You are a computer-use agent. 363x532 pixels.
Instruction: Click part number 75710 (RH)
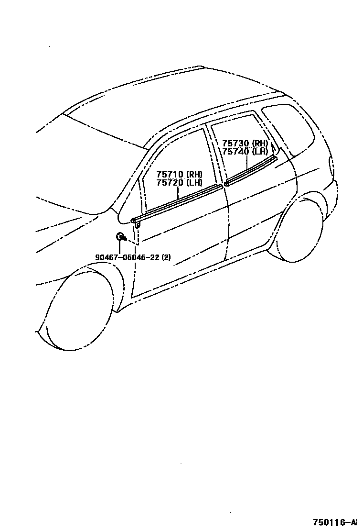point(179,174)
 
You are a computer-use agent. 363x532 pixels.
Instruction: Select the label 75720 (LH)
point(179,182)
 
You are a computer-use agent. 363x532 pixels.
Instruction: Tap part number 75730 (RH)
point(245,143)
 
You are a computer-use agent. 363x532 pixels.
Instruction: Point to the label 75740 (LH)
point(245,151)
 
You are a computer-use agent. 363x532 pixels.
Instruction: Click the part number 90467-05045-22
point(128,257)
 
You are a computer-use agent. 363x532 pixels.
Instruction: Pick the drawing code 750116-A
point(335,521)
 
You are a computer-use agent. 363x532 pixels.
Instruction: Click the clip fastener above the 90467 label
point(120,235)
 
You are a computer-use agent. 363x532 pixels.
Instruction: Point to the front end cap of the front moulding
point(134,220)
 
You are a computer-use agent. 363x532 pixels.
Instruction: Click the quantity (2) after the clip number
point(166,257)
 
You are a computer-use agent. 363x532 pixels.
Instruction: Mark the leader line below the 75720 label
point(178,192)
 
